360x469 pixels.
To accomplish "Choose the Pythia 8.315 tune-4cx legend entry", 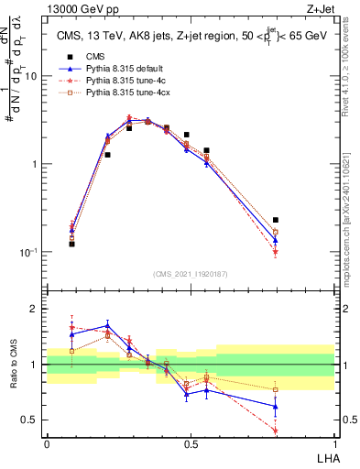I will (123, 93).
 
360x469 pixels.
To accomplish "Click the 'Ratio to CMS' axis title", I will (16, 365).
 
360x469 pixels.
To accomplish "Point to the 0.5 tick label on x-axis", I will (191, 443).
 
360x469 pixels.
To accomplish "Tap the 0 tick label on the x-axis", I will (47, 443).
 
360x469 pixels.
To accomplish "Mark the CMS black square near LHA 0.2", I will (108, 155).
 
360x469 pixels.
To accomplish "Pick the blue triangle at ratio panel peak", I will (108, 324).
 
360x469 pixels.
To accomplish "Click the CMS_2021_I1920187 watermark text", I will (191, 274).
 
